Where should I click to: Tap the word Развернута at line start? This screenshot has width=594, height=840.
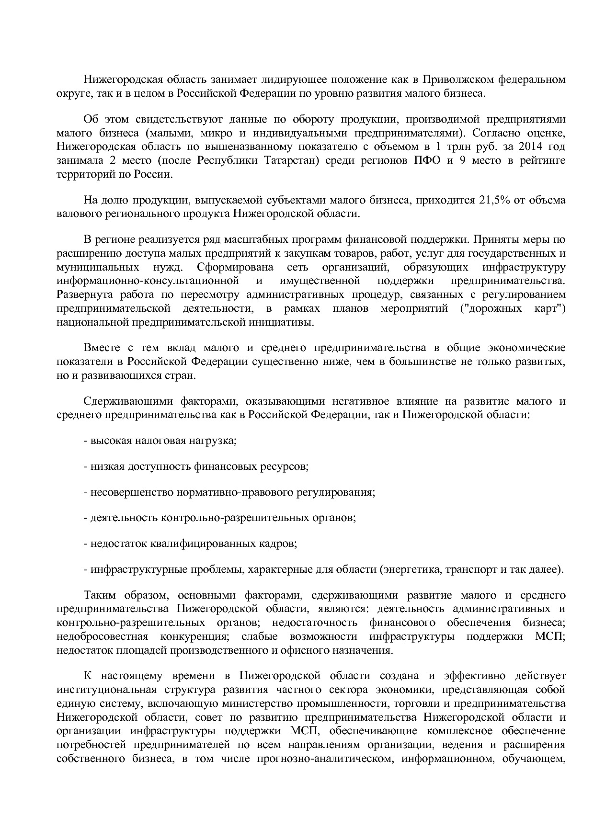[80, 295]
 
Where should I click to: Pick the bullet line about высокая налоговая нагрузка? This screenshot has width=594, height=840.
[160, 440]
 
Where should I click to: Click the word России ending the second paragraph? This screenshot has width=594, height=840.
[155, 174]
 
